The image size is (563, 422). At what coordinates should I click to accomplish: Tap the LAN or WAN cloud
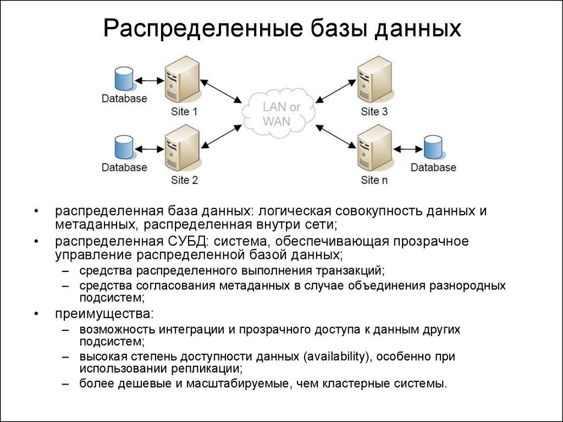pos(278,114)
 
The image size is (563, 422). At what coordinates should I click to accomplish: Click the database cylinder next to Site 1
pos(123,79)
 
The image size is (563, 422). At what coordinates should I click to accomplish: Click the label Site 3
pos(374,112)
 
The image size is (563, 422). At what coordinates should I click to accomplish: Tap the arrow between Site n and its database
pos(407,148)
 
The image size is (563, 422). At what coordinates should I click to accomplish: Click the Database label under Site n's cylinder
pos(434,168)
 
